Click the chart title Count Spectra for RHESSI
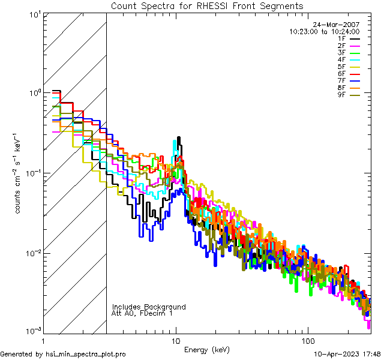pos(207,6)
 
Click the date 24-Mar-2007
pos(339,25)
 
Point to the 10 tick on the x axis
pos(176,340)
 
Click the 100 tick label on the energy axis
pos(307,340)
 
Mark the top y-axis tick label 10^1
pos(34,14)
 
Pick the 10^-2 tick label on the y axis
pos(33,253)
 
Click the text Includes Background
pos(149,307)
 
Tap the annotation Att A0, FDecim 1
pos(142,313)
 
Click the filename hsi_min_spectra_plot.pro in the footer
pos(86,355)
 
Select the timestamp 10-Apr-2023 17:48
pos(347,355)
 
